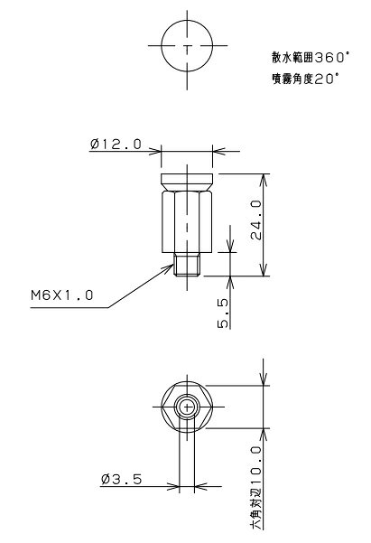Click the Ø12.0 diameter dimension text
pos(116,144)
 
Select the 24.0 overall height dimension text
pos(256,220)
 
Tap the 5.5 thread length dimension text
pos(223,313)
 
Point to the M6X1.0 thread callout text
pos(62,295)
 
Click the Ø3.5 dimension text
pos(122,479)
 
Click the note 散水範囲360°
pos(311,58)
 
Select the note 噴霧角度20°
pos(305,79)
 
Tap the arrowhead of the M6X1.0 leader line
pos(170,267)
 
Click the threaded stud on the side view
pos(187,264)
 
